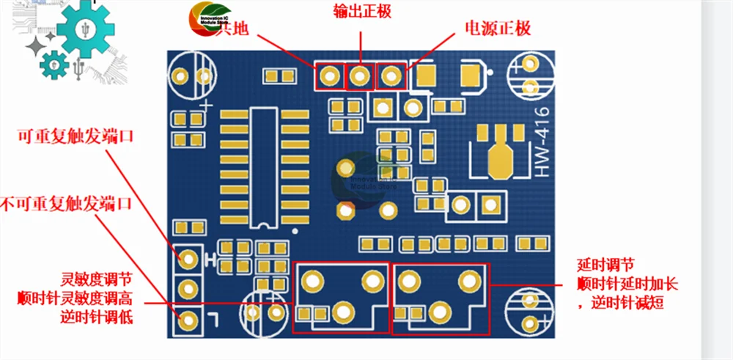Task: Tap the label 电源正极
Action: (498, 29)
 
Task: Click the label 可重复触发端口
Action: (70, 136)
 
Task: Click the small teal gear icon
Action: (54, 65)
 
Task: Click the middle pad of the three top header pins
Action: (359, 76)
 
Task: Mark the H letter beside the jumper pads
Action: (210, 259)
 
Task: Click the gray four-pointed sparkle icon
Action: (36, 48)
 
